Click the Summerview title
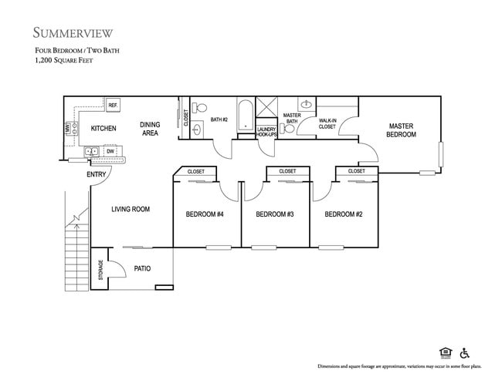(x=73, y=32)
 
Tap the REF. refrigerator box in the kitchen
(x=113, y=105)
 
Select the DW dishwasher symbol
(x=110, y=151)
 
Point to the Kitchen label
(x=103, y=128)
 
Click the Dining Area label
(x=150, y=129)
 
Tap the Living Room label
(x=131, y=209)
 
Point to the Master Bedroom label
(x=402, y=130)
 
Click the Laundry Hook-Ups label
(x=266, y=132)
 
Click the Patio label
(x=142, y=269)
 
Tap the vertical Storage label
(x=100, y=270)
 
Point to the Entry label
(x=97, y=174)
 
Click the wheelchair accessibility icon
(x=465, y=352)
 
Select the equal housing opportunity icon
(x=445, y=352)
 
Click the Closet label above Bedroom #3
(x=287, y=171)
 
